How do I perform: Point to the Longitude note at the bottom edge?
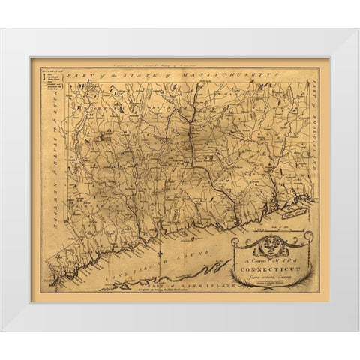pyautogui.click(x=178, y=292)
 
